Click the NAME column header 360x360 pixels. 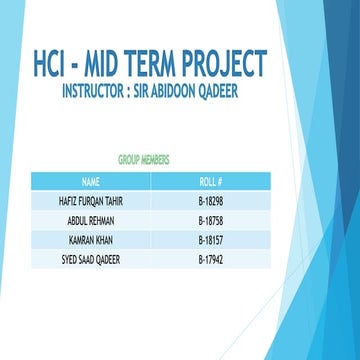[91, 182]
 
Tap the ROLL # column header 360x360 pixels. [211, 182]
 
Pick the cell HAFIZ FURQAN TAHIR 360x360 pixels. [91, 201]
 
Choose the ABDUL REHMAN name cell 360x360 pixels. [91, 220]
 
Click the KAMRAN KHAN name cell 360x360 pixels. [91, 240]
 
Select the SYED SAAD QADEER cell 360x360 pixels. [91, 259]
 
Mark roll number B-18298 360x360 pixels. [211, 201]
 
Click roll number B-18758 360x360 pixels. [211, 220]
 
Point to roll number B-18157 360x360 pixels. [211, 240]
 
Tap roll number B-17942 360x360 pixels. [211, 259]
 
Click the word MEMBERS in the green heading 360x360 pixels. [162, 159]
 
